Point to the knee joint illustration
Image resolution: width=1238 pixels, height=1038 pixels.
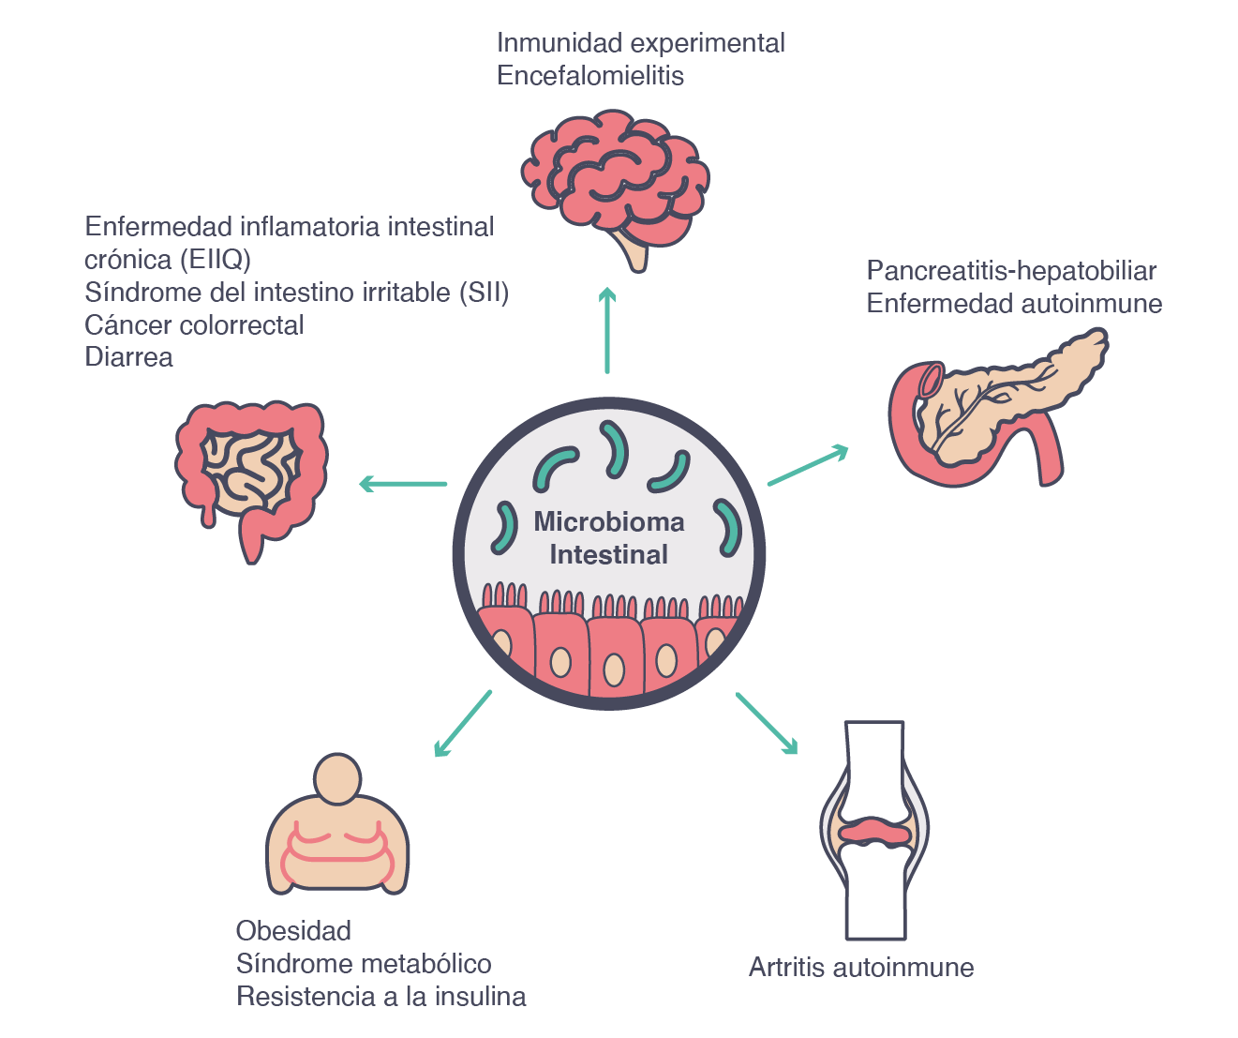[x=874, y=830]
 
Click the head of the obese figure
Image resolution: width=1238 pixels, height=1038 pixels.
[x=336, y=778]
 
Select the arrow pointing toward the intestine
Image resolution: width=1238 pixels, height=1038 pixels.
[x=403, y=484]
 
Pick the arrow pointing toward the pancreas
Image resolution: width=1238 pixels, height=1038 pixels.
[x=808, y=467]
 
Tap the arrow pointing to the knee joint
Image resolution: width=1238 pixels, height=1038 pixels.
[x=767, y=723]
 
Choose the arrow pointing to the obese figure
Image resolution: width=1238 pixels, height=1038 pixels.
[x=463, y=723]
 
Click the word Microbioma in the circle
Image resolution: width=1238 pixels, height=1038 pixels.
[x=609, y=522]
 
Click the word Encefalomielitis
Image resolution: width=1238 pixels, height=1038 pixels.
[x=590, y=76]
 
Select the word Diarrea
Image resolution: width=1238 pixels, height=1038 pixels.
[x=128, y=357]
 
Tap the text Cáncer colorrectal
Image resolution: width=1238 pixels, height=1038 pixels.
[x=194, y=325]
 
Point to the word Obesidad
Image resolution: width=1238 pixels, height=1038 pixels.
[x=293, y=931]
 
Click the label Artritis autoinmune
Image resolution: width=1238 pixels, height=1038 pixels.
[x=861, y=968]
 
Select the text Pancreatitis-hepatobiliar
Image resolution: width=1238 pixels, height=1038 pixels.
[x=1011, y=271]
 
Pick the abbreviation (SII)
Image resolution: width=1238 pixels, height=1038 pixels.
[x=484, y=293]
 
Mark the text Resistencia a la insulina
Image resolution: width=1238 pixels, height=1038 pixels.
[x=380, y=997]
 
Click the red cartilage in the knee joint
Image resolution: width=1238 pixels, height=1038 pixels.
[x=874, y=831]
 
